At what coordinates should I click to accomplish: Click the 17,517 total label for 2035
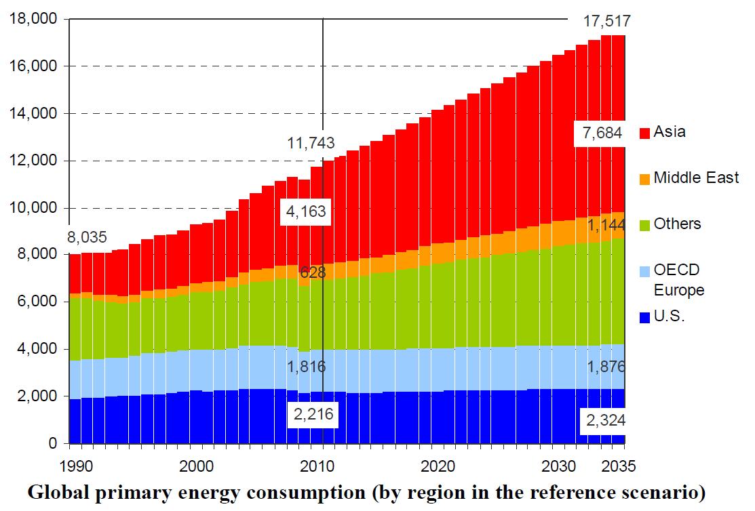coord(607,22)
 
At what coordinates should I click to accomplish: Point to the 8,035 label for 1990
coord(88,237)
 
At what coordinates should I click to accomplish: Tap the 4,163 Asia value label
coord(307,211)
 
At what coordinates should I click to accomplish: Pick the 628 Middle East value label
coord(313,273)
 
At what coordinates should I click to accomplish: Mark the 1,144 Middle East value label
coord(606,225)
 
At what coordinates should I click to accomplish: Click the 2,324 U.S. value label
coord(604,421)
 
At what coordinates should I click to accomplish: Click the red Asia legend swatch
coord(645,133)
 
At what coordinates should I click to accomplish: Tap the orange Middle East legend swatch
coord(645,179)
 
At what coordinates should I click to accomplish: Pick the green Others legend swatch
coord(645,224)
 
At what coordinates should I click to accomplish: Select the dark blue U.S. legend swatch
coord(645,316)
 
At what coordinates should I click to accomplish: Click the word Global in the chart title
coord(55,493)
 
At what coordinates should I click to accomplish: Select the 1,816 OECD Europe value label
coord(307,367)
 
